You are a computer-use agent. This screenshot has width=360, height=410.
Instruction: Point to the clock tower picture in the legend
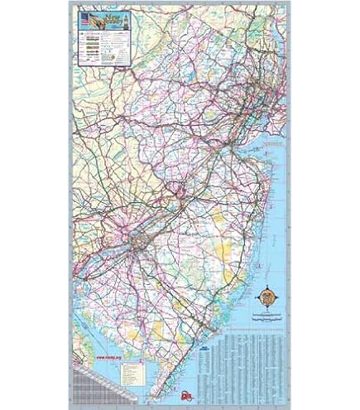click(x=126, y=21)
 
